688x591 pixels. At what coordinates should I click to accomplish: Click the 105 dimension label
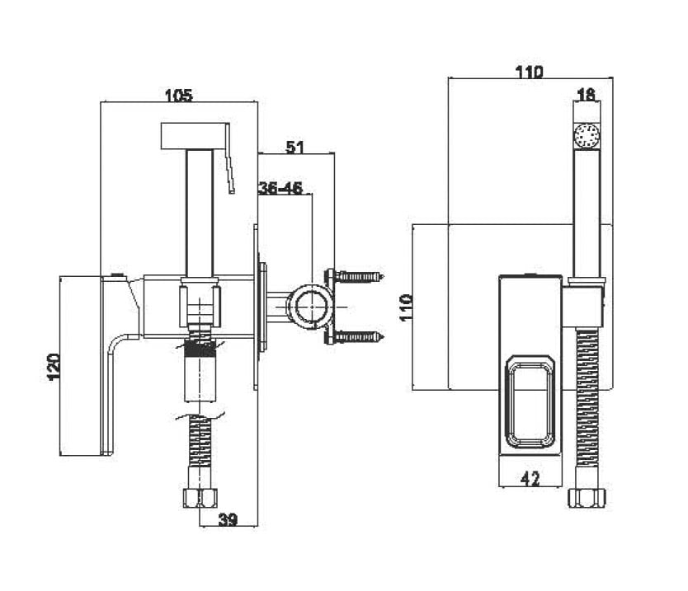(x=178, y=95)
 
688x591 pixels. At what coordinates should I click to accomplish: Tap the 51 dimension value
(x=295, y=147)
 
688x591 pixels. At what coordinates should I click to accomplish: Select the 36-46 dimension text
(x=280, y=188)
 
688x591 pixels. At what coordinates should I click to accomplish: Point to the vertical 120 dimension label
(x=53, y=367)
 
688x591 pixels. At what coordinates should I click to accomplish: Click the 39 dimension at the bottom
(x=228, y=519)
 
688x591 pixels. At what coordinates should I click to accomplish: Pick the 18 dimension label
(x=587, y=94)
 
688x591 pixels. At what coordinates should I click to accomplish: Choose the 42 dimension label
(x=530, y=479)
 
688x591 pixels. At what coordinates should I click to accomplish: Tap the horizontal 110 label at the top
(x=529, y=72)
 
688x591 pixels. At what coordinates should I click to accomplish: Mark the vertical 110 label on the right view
(x=407, y=307)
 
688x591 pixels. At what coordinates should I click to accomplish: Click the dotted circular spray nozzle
(x=587, y=134)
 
